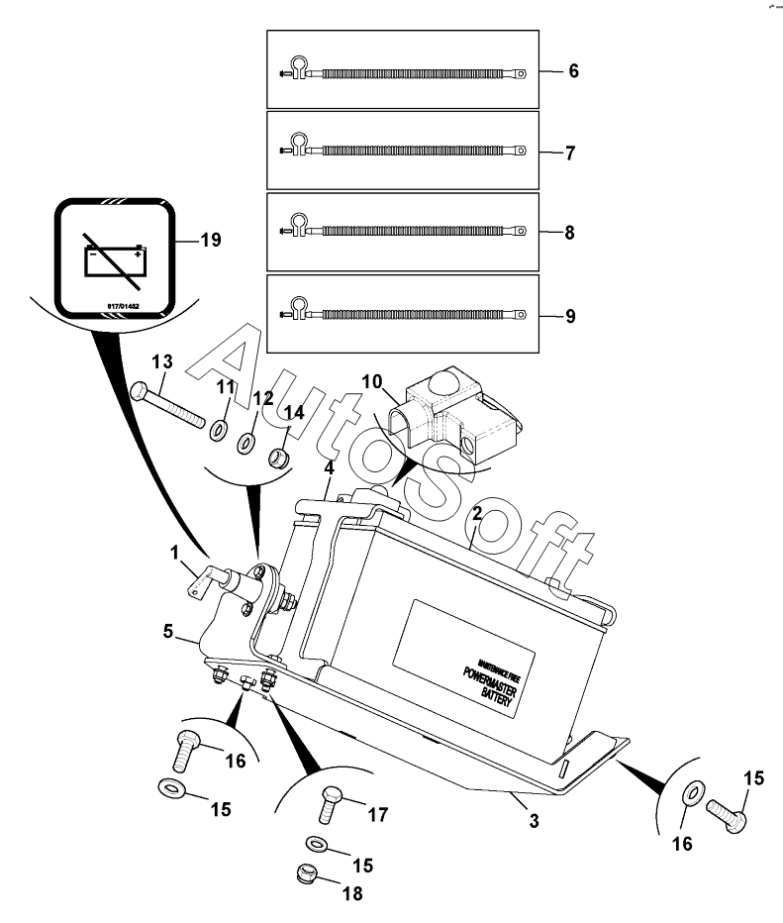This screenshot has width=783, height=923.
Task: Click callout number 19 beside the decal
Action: click(210, 240)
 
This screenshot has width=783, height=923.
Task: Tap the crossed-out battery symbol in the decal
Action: click(116, 259)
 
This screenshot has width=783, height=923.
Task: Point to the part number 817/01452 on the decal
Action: click(116, 306)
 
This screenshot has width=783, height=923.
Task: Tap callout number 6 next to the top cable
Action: click(572, 71)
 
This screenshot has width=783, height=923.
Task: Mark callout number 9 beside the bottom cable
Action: click(571, 317)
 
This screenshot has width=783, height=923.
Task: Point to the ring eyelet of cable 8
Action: click(521, 235)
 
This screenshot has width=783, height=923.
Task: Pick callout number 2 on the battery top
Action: click(476, 514)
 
